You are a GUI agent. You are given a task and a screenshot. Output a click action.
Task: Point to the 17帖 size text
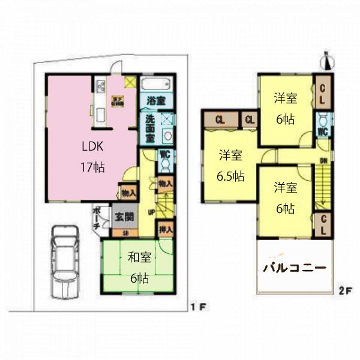[x=92, y=167]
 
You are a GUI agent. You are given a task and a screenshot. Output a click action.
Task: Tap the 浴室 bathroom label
[x=158, y=101]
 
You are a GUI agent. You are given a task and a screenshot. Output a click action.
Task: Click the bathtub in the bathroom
[x=158, y=83]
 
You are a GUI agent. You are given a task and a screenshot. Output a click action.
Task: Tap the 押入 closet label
[x=166, y=229]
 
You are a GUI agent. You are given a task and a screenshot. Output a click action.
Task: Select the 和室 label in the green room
[x=139, y=258]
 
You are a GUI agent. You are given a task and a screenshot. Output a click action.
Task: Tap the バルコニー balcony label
[x=295, y=268]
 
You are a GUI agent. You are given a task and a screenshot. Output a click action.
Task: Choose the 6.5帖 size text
[x=231, y=176]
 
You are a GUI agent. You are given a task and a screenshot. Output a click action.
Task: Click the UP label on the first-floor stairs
[x=152, y=212]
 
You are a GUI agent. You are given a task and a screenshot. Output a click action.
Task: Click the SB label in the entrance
[x=125, y=233]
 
